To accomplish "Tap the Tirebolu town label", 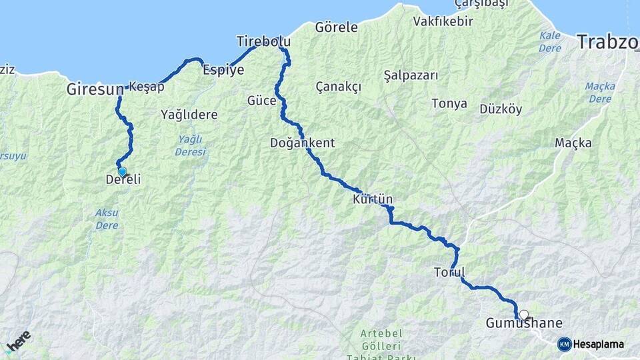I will pos(263,42).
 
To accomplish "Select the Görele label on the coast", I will pos(336,28).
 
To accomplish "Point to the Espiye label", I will pos(223,70).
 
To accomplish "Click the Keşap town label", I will pos(145,87).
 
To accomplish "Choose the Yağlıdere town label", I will pos(189,115).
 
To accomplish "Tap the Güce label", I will pos(261,101).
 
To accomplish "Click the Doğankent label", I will pos(302,143).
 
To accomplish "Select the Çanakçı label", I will pos(338,87).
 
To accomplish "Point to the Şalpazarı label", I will pos(411,75).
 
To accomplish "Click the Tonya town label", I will pos(449,104).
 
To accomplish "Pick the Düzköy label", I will pos(501,109).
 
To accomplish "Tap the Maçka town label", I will pos(573,143).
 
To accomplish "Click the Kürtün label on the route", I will pos(373,199).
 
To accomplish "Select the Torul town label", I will pos(449,272).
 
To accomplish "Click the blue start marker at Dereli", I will pos(122,172).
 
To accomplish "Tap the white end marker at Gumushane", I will pos(524,315).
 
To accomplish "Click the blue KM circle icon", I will pos(565,344).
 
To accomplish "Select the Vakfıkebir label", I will pos(443,21).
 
